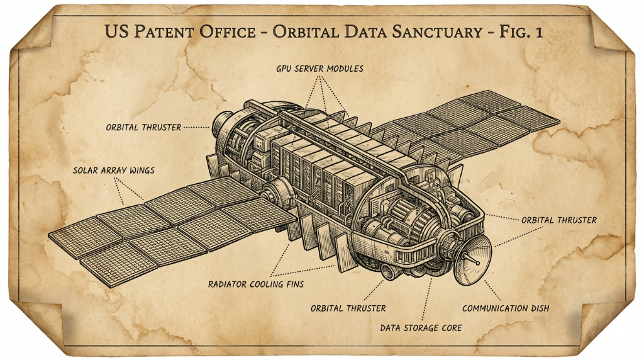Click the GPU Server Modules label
[319, 69]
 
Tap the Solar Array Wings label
[113, 170]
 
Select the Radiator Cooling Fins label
[256, 284]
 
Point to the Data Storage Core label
[421, 328]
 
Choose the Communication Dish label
[506, 308]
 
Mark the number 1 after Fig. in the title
[538, 31]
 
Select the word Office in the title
[228, 31]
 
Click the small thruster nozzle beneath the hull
[389, 272]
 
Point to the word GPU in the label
[284, 69]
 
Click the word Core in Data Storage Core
[452, 328]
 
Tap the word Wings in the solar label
[142, 170]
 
